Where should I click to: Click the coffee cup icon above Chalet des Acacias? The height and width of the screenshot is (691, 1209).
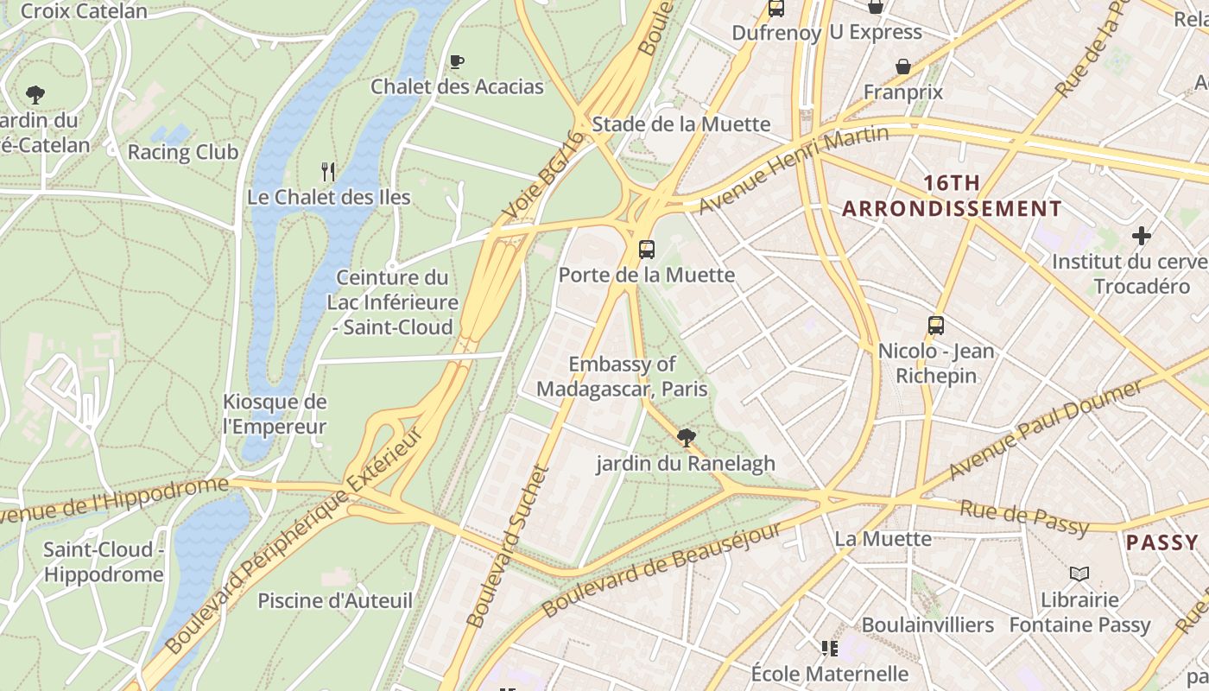pos(457,61)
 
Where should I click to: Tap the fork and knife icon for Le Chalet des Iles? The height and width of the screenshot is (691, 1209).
pos(328,171)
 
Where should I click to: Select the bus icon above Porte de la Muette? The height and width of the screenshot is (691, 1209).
pos(646,250)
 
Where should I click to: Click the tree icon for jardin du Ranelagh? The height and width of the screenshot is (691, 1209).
pos(687,438)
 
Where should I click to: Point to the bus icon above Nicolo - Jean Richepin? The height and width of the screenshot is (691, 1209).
pos(936,326)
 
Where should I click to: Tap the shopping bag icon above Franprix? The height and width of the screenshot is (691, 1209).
pos(903,67)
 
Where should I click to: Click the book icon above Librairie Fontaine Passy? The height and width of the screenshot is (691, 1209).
pos(1079,574)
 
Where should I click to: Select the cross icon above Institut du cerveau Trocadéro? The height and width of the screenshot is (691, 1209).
pos(1142,236)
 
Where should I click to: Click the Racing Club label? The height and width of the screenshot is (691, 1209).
pos(183,152)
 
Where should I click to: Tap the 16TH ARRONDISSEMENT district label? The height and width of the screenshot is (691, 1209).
pos(952,196)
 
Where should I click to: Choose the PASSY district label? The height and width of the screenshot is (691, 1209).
pos(1162,542)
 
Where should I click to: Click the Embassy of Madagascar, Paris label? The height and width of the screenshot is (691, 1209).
pos(622,377)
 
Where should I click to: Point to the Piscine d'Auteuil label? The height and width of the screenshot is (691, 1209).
pos(335,600)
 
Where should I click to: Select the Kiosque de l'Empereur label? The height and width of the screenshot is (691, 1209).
pos(275,414)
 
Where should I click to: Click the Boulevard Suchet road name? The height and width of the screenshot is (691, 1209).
pos(508,546)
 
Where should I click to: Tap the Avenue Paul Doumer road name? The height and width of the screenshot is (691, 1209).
pos(1045,429)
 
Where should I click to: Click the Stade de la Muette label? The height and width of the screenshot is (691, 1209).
pos(680,124)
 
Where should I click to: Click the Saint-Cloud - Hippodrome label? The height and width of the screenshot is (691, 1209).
pos(104,561)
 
